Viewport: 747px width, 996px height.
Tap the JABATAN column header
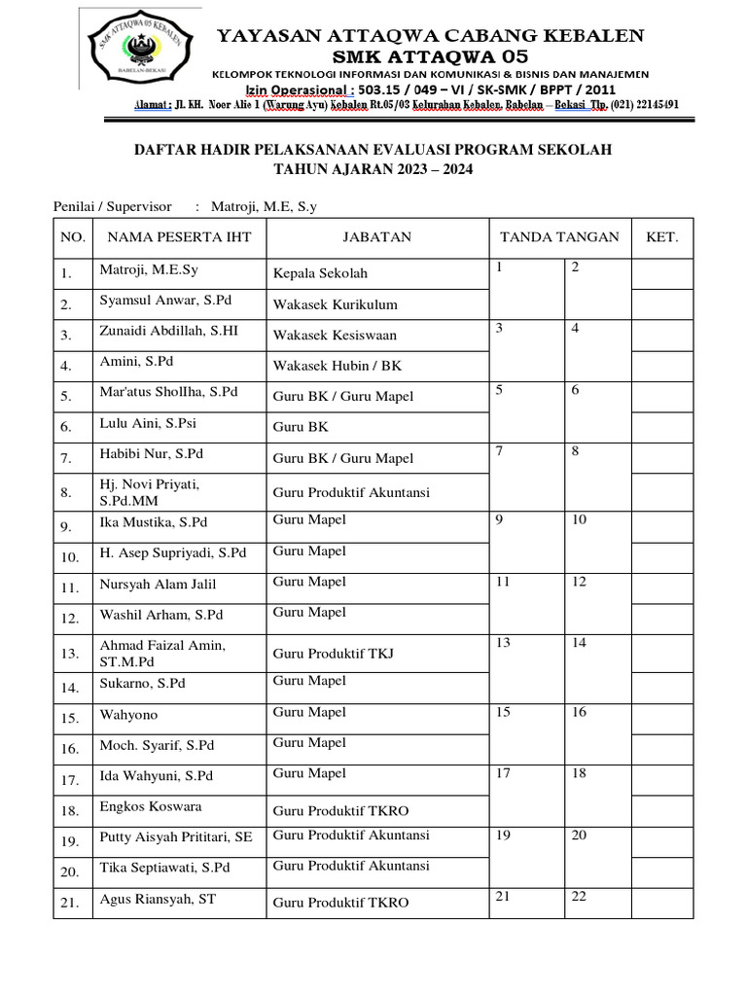coord(376,237)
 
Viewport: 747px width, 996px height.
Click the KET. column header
coord(661,237)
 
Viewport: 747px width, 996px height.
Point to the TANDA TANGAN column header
coord(558,237)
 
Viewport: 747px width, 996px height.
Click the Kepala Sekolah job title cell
coord(320,273)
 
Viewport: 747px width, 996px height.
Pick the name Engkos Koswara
coord(151,807)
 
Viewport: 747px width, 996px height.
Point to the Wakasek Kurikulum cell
coord(335,304)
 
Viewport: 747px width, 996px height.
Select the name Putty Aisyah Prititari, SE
coord(176,837)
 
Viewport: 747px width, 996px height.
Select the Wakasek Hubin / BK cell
coord(337,367)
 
